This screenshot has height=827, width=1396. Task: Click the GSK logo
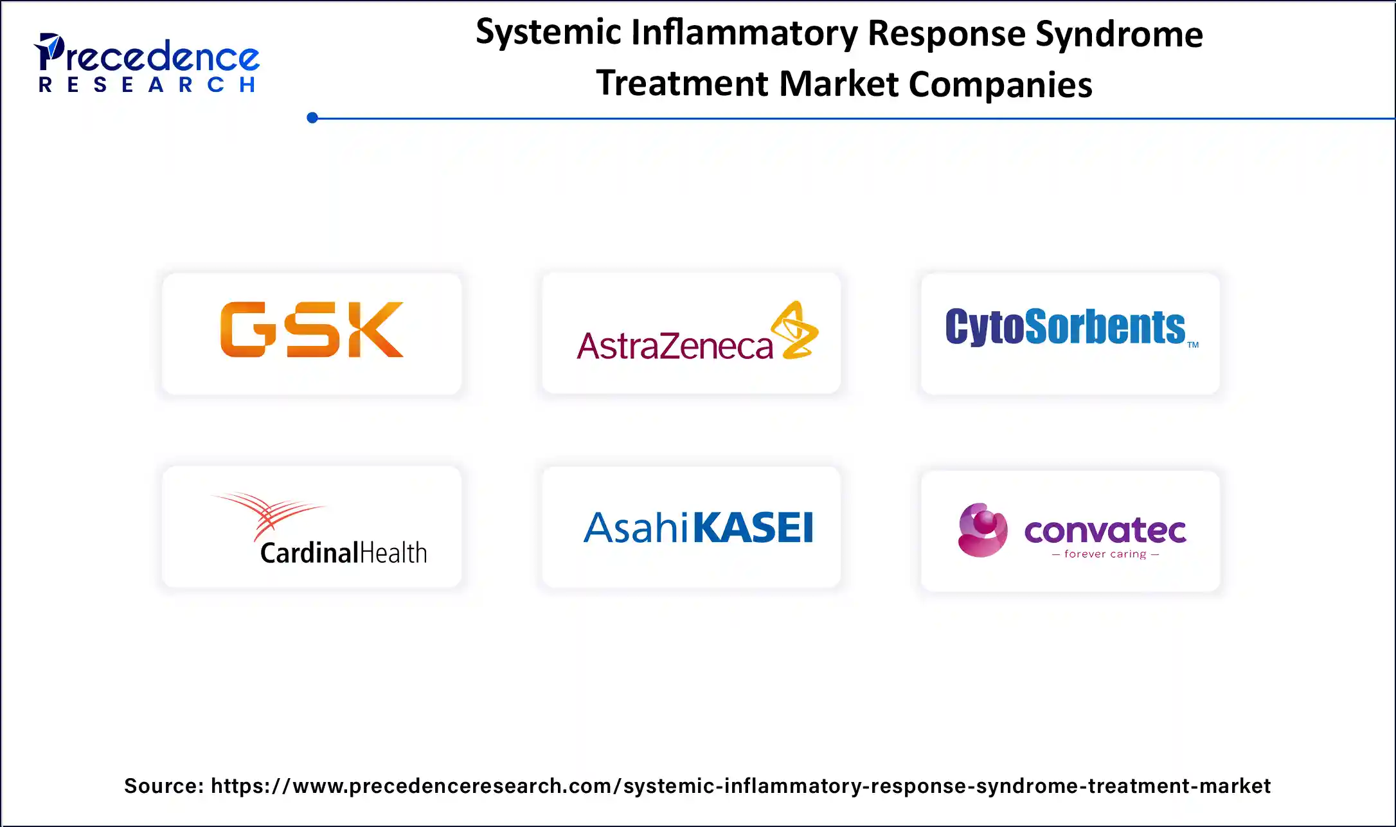[312, 329]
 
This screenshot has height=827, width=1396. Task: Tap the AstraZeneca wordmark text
[674, 346]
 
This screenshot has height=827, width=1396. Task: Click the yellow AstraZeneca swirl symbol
[796, 330]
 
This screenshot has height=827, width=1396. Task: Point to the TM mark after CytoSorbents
[1193, 345]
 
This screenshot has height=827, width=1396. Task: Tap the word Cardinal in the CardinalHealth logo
[309, 553]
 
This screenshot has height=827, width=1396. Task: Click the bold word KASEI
[753, 528]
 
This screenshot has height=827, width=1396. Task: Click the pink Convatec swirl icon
[982, 530]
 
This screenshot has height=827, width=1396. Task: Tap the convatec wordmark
[1105, 531]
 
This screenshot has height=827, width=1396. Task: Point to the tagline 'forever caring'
[1105, 554]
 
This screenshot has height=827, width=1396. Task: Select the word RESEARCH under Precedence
[148, 85]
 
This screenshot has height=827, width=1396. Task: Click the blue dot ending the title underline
[312, 118]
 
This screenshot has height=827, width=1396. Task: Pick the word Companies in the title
[1000, 84]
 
